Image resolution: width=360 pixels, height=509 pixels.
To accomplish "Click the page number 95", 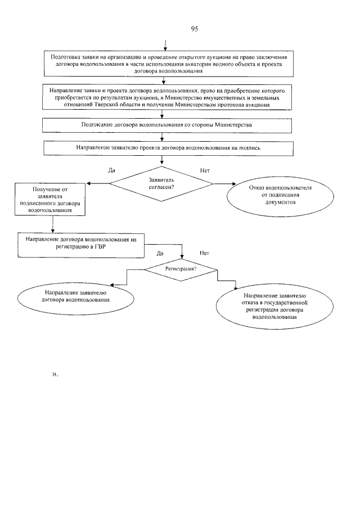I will click(x=195, y=29).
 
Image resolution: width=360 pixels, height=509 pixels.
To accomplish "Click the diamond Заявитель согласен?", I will click(x=161, y=183).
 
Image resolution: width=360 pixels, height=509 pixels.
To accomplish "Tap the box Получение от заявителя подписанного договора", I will click(x=51, y=199).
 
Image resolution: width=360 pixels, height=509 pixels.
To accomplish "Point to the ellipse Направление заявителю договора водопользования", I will click(x=71, y=296).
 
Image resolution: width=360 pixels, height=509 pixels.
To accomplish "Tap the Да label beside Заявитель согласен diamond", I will click(x=111, y=170).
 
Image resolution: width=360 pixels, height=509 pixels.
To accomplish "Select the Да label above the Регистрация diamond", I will click(x=160, y=254).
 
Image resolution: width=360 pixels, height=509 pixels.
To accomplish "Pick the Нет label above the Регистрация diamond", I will click(x=204, y=254).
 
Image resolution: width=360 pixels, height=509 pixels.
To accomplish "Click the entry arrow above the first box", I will click(x=165, y=46).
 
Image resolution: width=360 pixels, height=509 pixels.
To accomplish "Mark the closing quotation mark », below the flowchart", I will click(x=55, y=374).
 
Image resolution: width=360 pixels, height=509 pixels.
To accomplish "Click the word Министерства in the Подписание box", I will click(x=232, y=124).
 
